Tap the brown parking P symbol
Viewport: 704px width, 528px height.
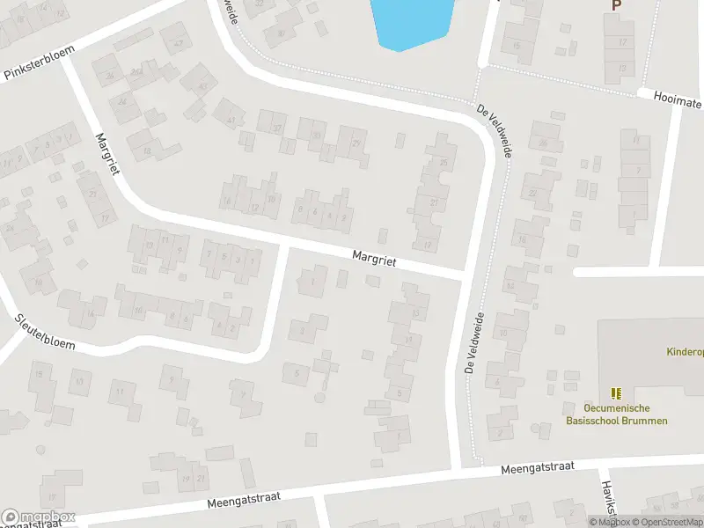[x=616, y=5]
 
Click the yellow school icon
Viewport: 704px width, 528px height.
[x=616, y=392]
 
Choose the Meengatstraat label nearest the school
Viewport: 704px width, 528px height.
[x=534, y=471]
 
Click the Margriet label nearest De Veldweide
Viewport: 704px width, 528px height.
[x=374, y=259]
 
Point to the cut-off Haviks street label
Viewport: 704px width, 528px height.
[x=607, y=500]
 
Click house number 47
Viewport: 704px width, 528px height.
[x=179, y=44]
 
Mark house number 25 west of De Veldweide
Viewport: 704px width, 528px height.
[x=444, y=163]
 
